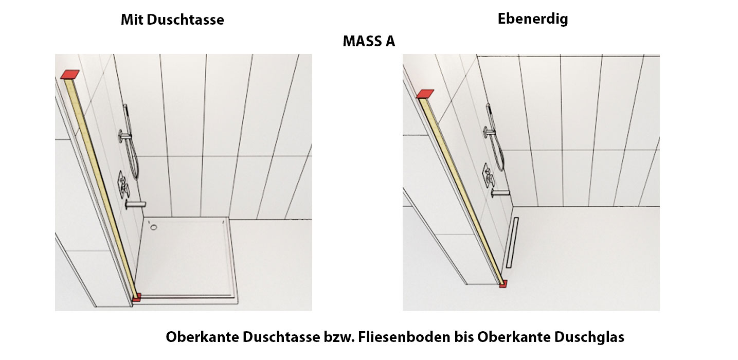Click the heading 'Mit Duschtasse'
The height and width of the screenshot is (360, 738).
[172, 20]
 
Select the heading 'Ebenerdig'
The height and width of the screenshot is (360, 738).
[533, 19]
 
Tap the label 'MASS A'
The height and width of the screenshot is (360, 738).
[369, 41]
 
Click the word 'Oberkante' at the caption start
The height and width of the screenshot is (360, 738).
[202, 337]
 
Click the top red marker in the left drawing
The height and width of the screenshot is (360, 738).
[70, 74]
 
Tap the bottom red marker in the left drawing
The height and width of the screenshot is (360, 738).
[136, 297]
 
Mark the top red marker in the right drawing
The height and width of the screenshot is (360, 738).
[425, 94]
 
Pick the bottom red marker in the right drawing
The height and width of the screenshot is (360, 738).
[503, 283]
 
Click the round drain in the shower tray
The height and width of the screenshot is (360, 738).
[154, 227]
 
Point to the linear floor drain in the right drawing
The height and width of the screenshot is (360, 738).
[512, 243]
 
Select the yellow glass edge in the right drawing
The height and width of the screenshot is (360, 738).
[461, 189]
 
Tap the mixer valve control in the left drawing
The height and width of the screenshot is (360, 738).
[123, 185]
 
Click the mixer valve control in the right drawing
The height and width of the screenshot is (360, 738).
[488, 175]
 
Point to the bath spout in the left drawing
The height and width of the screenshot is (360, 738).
[135, 205]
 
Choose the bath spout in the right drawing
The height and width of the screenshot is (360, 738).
[500, 193]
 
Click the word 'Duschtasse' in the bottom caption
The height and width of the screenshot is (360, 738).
[281, 337]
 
